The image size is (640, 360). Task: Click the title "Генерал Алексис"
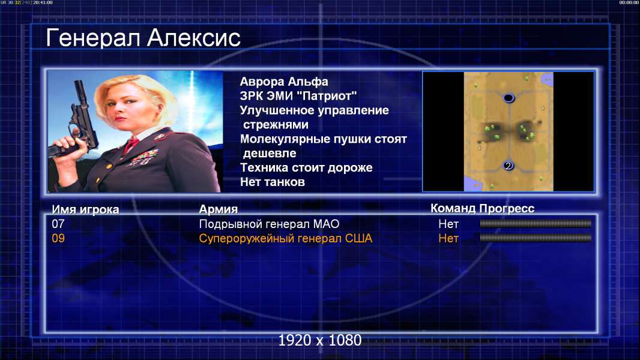tap(143, 38)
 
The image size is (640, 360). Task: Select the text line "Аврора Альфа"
tap(283, 82)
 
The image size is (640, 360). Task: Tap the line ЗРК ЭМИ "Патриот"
tap(298, 96)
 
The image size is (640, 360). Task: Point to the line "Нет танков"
tap(272, 182)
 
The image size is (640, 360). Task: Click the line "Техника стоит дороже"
tap(306, 167)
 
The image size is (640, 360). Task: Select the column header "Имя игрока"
tap(85, 209)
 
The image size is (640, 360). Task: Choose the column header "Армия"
tap(218, 209)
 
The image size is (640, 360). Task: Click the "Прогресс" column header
tap(507, 208)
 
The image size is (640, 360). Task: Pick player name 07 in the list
tap(58, 224)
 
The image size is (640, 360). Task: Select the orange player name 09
tap(58, 238)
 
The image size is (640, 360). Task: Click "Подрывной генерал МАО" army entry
tap(269, 224)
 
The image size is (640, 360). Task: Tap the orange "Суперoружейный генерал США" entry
tap(286, 239)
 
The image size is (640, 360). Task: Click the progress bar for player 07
tap(536, 223)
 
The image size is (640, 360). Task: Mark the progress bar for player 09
tap(536, 238)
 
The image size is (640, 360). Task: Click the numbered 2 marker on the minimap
tap(508, 166)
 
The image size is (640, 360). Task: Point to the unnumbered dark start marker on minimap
tap(508, 98)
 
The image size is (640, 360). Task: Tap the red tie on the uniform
tap(131, 145)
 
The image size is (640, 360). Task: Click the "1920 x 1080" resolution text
tap(320, 340)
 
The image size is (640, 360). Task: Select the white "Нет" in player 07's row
tap(448, 224)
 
